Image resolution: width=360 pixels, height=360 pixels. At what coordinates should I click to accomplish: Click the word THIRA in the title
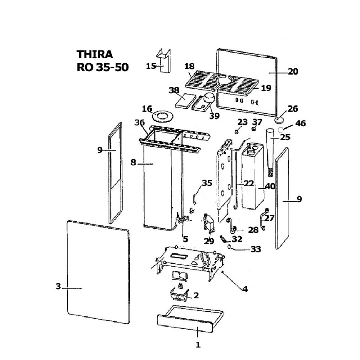95,54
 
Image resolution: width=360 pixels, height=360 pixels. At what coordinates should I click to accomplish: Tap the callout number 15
151,66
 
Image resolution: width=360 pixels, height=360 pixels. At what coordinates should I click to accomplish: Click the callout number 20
293,72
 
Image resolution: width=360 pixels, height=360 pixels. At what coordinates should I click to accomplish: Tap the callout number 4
245,289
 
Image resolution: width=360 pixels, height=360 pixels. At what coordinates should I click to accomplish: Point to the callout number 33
255,249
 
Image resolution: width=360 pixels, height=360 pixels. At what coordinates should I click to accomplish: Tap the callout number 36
140,123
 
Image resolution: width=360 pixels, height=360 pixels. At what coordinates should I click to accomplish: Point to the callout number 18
189,67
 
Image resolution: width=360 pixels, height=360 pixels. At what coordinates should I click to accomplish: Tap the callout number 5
185,239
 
